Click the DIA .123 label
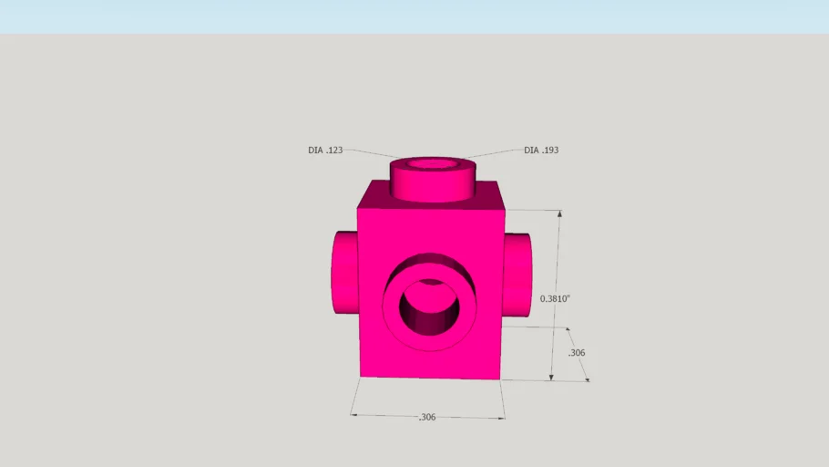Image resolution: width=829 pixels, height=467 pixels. [325, 150]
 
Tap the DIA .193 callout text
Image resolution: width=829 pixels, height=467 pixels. [541, 150]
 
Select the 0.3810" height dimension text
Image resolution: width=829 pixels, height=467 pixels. [555, 298]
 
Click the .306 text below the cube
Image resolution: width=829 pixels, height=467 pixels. [426, 417]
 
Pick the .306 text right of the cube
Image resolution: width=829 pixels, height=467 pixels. [576, 353]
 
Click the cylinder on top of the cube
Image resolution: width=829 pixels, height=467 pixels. [432, 186]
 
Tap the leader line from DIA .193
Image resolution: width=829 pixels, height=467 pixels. [496, 152]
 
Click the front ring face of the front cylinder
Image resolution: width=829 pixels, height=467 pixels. [392, 310]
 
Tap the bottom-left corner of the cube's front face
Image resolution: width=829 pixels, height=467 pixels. [361, 375]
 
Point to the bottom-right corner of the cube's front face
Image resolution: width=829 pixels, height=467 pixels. [498, 378]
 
